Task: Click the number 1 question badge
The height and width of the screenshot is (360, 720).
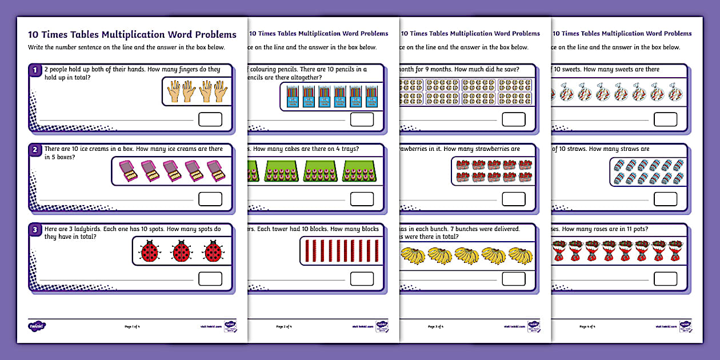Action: tap(35, 71)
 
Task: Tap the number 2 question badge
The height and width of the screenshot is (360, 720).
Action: tap(35, 151)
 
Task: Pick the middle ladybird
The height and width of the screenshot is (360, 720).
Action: tap(182, 251)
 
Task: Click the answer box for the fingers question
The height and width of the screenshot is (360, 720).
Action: tap(210, 119)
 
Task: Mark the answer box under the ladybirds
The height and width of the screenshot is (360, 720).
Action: tap(210, 279)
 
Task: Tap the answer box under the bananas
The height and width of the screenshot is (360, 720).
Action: tap(513, 279)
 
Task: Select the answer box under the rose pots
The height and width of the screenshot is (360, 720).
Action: tap(665, 279)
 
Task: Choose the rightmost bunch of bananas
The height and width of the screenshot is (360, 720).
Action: tap(521, 255)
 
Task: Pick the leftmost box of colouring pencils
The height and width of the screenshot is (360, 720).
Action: tap(292, 97)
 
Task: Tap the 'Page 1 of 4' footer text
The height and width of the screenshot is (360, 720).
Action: tap(132, 327)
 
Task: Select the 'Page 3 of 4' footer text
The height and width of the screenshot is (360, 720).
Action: tap(435, 327)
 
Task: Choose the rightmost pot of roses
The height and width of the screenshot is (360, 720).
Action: tap(675, 251)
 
